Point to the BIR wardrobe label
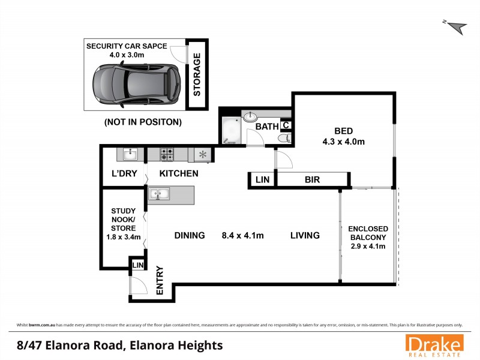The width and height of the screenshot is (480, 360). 312,179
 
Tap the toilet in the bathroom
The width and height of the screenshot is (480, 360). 285,139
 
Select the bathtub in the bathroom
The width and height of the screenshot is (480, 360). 230,131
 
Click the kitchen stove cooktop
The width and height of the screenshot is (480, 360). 167,155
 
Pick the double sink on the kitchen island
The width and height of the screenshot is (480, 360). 160,194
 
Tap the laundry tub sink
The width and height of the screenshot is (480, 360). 130,155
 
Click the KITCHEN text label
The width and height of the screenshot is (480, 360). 179,174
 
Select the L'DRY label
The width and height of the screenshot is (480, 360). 124,174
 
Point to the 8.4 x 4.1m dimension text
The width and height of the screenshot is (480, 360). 242,235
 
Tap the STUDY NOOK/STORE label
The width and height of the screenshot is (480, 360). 123,224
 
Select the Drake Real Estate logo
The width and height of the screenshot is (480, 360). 434,345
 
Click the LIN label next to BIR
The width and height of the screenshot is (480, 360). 262,179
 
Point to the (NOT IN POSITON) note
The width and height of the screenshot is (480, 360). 143,122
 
